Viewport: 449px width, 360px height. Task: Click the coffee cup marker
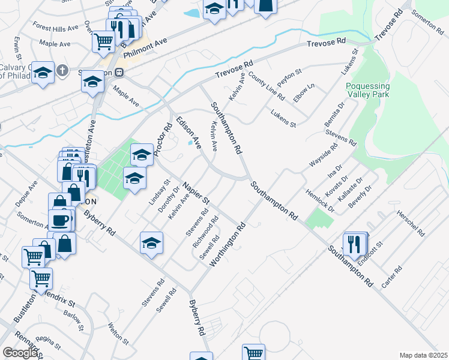(x=60, y=220)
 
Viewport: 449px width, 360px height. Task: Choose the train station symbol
(x=119, y=72)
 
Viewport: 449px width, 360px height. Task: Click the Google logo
(x=20, y=353)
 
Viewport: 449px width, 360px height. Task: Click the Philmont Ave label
(x=144, y=50)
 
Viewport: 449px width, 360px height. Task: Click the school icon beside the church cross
(x=42, y=73)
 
